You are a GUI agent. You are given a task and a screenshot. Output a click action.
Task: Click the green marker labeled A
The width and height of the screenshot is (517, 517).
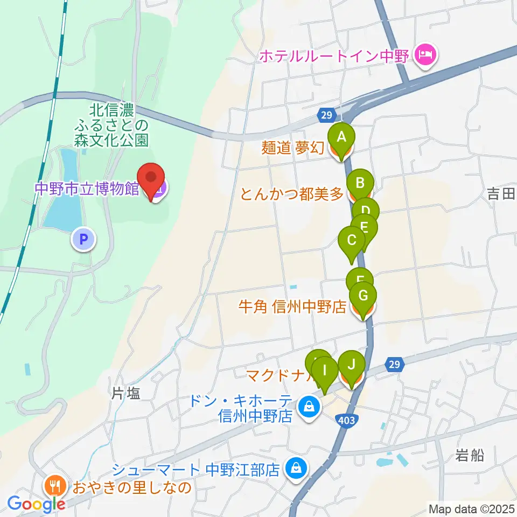point(341,137)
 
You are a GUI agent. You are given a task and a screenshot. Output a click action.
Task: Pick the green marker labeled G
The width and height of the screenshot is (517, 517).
point(363,296)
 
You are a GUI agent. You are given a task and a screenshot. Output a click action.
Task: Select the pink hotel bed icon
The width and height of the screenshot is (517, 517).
point(425,55)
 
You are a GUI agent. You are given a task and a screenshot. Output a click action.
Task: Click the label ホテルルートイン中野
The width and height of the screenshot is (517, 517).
point(336,55)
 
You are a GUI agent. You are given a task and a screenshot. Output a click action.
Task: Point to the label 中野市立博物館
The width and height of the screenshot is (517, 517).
point(87,188)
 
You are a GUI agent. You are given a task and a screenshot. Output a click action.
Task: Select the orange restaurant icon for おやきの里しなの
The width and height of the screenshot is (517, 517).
point(55,486)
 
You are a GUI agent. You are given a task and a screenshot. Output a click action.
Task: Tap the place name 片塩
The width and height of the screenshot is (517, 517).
point(125,394)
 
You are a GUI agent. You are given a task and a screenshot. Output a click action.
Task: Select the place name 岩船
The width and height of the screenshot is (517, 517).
point(470,456)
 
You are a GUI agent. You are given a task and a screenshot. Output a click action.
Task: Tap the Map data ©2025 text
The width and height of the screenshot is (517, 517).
point(471,508)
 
